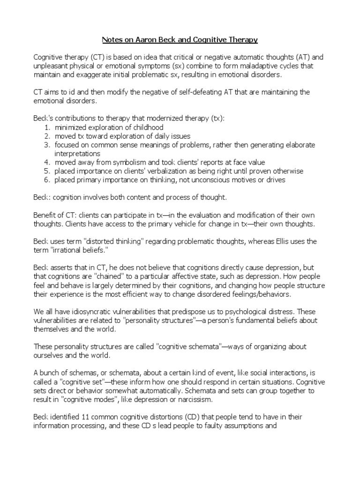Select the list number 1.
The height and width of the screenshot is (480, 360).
tap(47, 127)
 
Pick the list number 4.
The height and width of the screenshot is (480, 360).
tap(47, 162)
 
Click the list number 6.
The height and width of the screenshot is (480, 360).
tap(47, 180)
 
